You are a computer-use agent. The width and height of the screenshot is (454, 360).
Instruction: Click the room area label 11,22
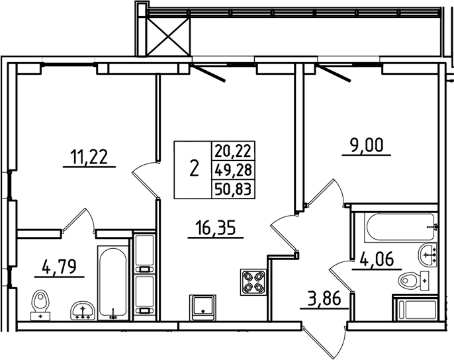coord(89,157)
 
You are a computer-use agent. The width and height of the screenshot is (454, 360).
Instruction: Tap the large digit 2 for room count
coord(193,169)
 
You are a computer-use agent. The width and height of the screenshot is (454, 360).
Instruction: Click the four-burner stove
coord(252,283)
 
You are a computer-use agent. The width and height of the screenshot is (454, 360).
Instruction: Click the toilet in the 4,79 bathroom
coord(42,304)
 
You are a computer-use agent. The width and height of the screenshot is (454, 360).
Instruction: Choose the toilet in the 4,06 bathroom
coord(414,282)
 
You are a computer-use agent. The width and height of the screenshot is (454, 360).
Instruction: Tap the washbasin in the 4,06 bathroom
coord(427,253)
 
